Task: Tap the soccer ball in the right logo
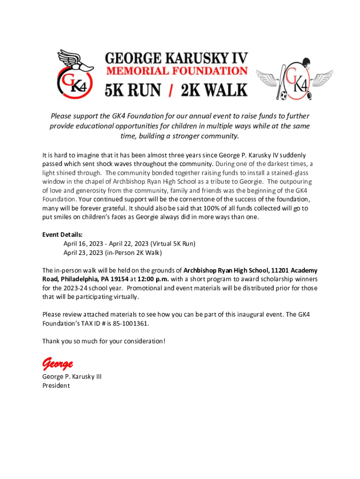pyautogui.click(x=283, y=96)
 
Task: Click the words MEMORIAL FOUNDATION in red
pyautogui.click(x=177, y=71)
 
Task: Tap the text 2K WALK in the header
pyautogui.click(x=214, y=89)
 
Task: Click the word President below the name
pyautogui.click(x=56, y=386)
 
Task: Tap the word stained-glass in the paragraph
pyautogui.click(x=289, y=173)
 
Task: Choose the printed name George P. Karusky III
pyautogui.click(x=72, y=377)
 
